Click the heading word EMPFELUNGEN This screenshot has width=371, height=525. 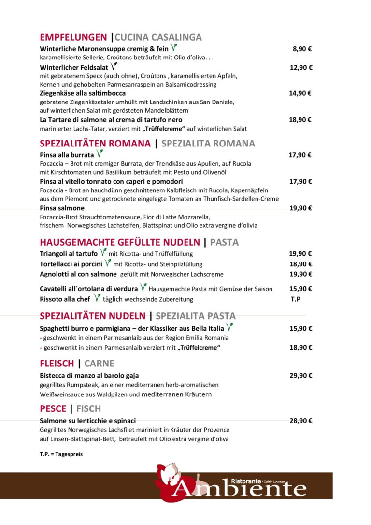[73, 37]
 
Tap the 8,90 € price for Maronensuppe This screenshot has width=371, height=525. [302, 49]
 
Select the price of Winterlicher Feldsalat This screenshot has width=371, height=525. [301, 68]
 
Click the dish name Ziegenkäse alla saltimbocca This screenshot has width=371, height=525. [83, 93]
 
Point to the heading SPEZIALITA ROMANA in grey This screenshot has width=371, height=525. [208, 144]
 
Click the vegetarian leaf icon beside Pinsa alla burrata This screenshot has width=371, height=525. [100, 154]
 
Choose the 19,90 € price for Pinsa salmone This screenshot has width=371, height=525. [300, 208]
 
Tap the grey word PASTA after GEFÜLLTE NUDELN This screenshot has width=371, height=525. [224, 242]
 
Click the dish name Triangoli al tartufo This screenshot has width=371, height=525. [69, 253]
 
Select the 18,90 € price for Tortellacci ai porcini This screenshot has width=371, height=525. [300, 264]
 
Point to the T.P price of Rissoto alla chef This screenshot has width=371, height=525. [296, 299]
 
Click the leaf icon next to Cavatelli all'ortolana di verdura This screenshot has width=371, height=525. [143, 288]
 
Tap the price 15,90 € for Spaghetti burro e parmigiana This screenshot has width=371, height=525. [300, 329]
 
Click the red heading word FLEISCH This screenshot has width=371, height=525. [57, 364]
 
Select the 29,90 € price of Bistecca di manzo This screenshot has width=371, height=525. [300, 376]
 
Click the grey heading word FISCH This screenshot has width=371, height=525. [89, 409]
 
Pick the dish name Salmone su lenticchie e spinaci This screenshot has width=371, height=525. [87, 421]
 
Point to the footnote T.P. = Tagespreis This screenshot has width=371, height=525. [61, 454]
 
